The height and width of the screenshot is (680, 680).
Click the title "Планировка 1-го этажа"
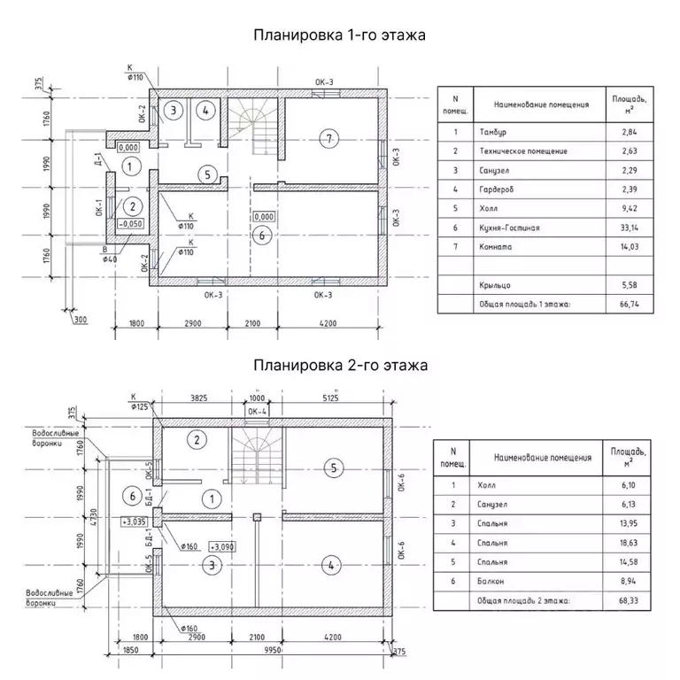(x=340, y=35)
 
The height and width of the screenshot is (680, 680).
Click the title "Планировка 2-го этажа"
(x=340, y=364)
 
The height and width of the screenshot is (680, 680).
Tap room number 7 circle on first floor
(x=328, y=137)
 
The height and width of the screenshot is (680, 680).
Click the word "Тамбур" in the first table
(x=494, y=132)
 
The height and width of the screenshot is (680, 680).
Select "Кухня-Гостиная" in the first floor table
(x=509, y=228)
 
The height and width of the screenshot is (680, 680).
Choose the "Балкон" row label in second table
(x=493, y=582)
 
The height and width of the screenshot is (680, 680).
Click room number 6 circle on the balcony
(x=132, y=496)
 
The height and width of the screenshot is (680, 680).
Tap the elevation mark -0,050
(x=131, y=224)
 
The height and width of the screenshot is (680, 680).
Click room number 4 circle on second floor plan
(x=330, y=563)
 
